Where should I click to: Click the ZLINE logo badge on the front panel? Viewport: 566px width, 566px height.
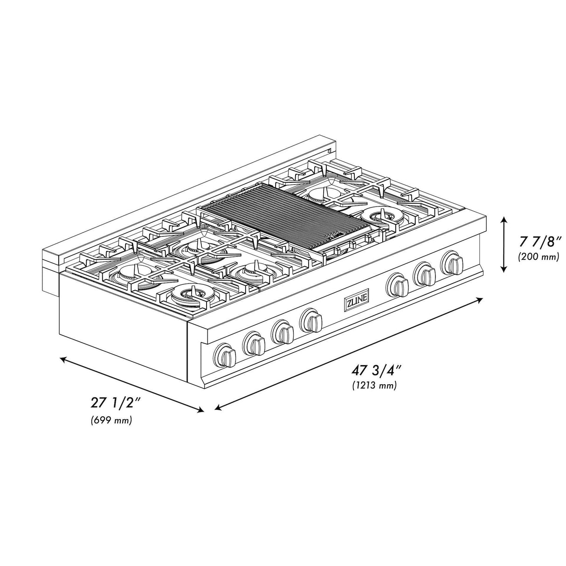tap(356, 303)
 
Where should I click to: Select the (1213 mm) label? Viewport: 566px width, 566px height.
tap(374, 386)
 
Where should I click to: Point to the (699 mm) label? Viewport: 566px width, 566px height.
tap(111, 420)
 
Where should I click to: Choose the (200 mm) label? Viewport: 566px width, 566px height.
tap(538, 256)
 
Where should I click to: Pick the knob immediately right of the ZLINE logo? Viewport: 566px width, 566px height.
tap(398, 284)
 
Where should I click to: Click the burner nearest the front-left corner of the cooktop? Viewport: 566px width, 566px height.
tap(190, 292)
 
